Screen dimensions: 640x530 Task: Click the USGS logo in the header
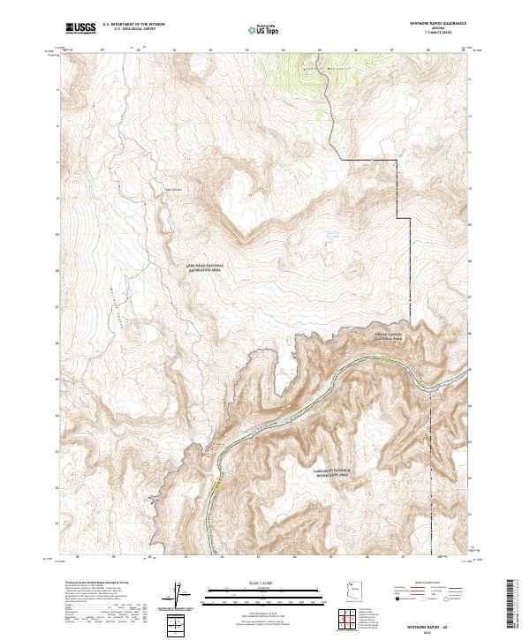(x=80, y=28)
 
